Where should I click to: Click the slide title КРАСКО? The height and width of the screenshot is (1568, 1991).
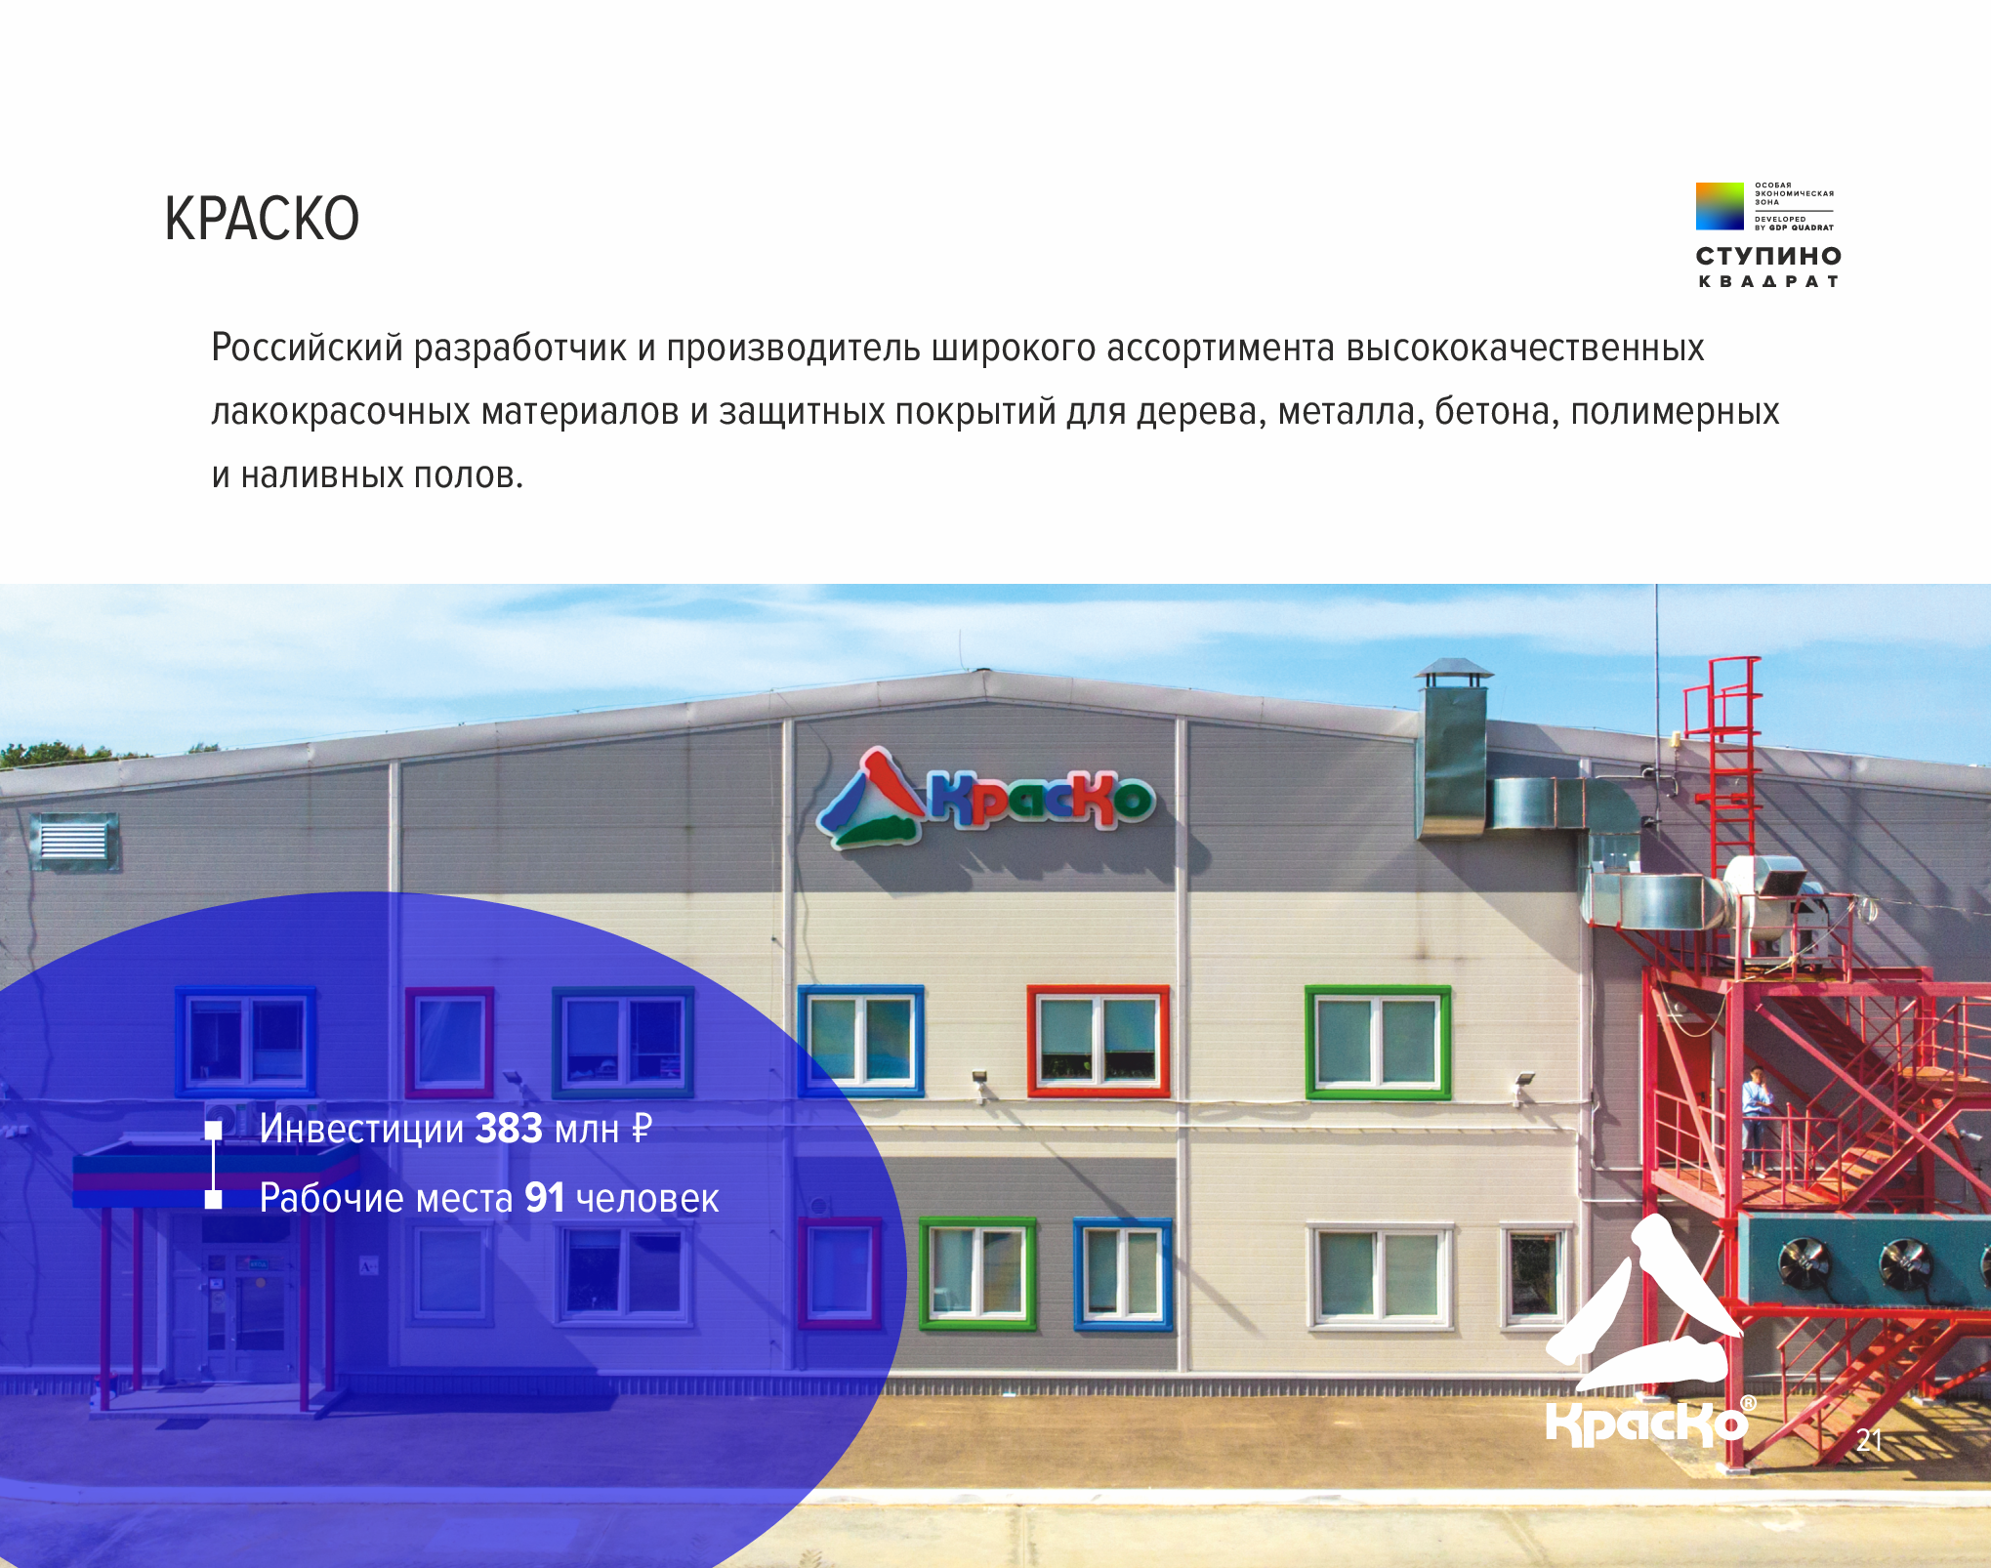tap(262, 219)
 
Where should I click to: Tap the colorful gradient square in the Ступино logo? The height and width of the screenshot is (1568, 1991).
tap(1720, 206)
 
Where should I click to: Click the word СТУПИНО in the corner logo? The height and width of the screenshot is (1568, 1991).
tap(1768, 256)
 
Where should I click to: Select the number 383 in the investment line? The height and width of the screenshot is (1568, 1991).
tap(509, 1129)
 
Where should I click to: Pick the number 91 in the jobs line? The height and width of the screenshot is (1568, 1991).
tap(545, 1198)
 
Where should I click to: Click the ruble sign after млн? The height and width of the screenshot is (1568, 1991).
tap(642, 1129)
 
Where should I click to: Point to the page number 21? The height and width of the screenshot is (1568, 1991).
tap(1869, 1440)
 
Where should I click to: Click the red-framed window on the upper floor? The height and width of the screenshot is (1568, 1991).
tap(1098, 1041)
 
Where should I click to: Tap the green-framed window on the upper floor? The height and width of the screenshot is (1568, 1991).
tap(1378, 1042)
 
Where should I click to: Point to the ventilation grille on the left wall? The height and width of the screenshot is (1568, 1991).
tap(75, 840)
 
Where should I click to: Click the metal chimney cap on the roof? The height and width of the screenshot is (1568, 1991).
tap(1454, 672)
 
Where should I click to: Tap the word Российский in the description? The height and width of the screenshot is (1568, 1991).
tap(307, 349)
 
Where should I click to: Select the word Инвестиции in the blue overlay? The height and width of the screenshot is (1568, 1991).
tap(361, 1129)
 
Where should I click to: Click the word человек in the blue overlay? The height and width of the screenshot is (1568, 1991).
tap(647, 1199)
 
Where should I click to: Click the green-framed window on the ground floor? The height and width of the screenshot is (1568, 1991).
tap(977, 1273)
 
